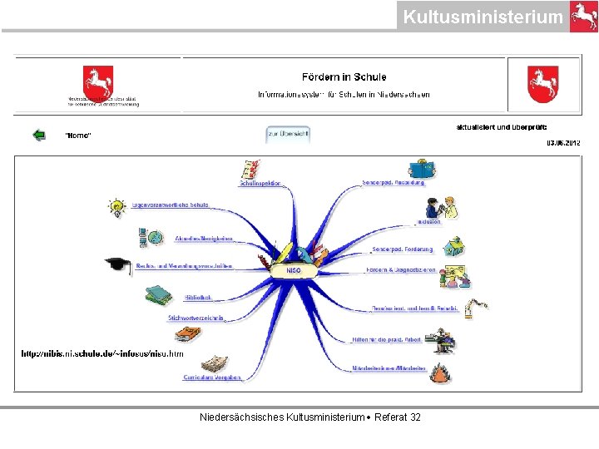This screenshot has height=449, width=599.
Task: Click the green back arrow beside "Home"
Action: point(38,135)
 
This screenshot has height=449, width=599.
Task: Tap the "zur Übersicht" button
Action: point(288,134)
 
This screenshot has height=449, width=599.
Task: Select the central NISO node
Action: point(294,271)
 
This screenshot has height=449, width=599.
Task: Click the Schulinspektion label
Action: point(260,183)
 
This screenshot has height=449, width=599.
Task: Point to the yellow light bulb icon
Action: point(116,207)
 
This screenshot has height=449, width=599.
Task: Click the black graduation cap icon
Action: point(118,265)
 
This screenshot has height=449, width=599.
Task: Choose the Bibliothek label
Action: point(198,297)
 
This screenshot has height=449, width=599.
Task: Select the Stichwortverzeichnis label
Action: point(196,318)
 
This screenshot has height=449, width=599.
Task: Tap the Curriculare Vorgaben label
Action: point(212,377)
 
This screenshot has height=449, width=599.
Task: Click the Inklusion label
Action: point(429,222)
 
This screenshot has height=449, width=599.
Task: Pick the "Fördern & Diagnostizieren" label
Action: point(401,271)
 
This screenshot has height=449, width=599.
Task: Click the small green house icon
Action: point(453,247)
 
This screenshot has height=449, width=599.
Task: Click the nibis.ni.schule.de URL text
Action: point(102,353)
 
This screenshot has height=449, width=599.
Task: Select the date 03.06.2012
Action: point(563,143)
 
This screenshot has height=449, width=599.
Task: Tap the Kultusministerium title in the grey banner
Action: point(483,17)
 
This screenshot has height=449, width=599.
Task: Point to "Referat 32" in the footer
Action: point(398,417)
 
